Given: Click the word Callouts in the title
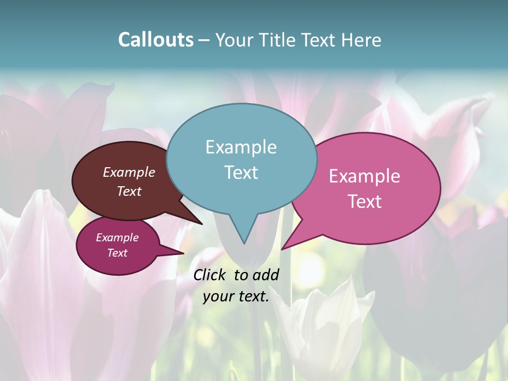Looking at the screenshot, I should coord(156,40).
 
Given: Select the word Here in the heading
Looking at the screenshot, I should coord(361,40).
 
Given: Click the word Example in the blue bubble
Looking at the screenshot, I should coord(241,147).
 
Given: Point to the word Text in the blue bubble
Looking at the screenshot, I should coord(241,173).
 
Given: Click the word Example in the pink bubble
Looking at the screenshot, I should coord(365,176).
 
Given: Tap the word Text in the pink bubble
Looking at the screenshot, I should coord(365,202).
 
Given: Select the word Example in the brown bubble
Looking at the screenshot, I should coord(129,172).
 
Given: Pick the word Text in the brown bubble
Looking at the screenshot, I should coord(129,191).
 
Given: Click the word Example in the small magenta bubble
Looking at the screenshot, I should coord(117,238).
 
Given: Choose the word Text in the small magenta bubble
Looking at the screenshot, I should coord(117,253).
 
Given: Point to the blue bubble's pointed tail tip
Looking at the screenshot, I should coord(244,243).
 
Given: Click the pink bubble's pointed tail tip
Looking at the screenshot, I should coord(282,249).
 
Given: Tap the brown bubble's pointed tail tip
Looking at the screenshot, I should coord(202,224).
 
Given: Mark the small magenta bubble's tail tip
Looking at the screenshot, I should coord(183,253).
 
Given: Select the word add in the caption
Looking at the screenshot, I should coord(266,275).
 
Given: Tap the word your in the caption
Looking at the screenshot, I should coord(217,296).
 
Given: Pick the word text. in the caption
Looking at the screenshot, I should coord(252,296).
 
